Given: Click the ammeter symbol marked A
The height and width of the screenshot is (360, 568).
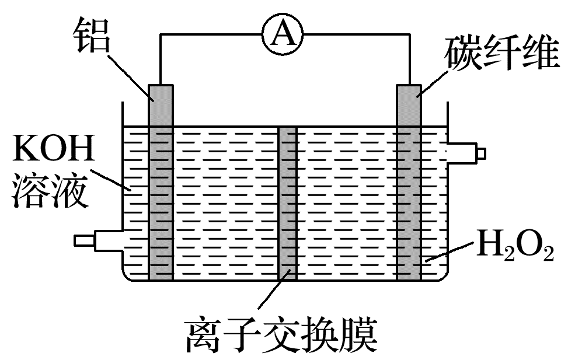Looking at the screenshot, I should tap(284, 35).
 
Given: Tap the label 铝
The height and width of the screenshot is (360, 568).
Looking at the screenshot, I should tap(93, 35).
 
